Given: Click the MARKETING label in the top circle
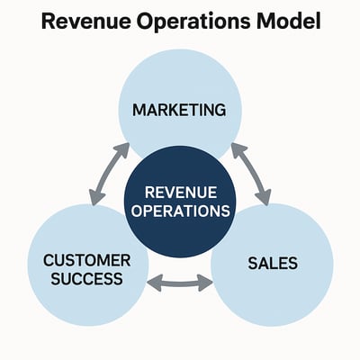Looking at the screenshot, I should (x=179, y=110).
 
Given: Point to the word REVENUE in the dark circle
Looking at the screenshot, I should (x=180, y=192).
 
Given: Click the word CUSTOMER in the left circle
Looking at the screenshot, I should (x=87, y=261).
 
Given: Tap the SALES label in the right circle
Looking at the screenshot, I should (x=272, y=265).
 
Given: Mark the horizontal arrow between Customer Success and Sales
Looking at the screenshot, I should (x=179, y=284).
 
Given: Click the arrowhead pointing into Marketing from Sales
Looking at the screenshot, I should (x=237, y=148).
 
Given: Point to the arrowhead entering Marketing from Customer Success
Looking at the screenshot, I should (x=123, y=148).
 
